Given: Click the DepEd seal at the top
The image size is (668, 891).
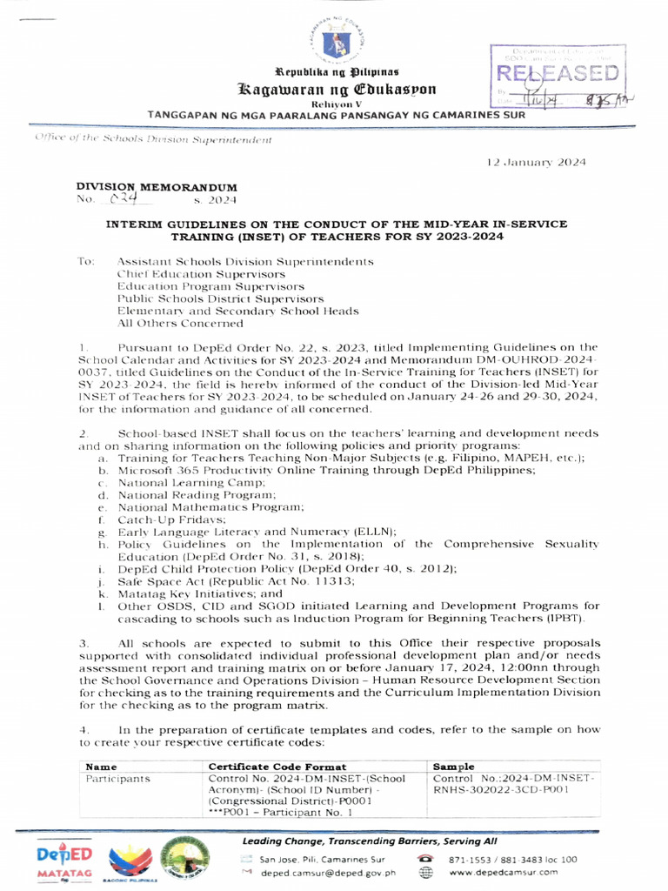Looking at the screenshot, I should click(334, 37).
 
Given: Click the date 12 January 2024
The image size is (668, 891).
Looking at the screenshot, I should click(536, 163).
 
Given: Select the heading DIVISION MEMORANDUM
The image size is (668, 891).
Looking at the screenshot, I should click(156, 187).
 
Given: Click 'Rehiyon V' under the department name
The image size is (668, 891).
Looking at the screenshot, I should click(334, 104).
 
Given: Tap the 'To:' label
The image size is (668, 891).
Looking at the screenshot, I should click(85, 261).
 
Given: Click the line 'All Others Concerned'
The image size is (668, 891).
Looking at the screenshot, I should click(180, 323).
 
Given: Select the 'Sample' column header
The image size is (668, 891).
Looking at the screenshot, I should click(453, 766).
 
